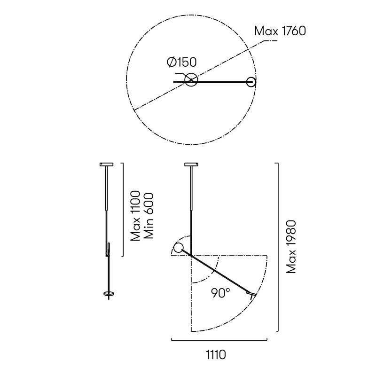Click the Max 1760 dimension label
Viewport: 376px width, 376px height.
(x=280, y=31)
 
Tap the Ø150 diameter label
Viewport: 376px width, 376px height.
(x=181, y=62)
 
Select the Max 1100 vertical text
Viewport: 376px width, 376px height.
(x=136, y=216)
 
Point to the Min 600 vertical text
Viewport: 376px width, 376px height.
(x=150, y=216)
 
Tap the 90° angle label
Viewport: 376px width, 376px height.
(x=220, y=293)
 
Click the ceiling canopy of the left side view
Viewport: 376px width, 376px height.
(x=107, y=164)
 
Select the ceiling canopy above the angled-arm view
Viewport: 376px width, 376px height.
(x=191, y=164)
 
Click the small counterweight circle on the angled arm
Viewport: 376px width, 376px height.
(x=179, y=248)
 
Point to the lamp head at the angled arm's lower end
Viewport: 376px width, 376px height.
(x=252, y=294)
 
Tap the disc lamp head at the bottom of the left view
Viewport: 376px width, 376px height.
(x=109, y=294)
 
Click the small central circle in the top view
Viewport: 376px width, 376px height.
(x=191, y=80)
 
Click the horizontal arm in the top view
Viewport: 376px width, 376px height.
(x=221, y=82)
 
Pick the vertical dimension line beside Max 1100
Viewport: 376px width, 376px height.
(x=123, y=210)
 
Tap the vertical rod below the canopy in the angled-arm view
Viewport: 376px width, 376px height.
(x=191, y=207)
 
